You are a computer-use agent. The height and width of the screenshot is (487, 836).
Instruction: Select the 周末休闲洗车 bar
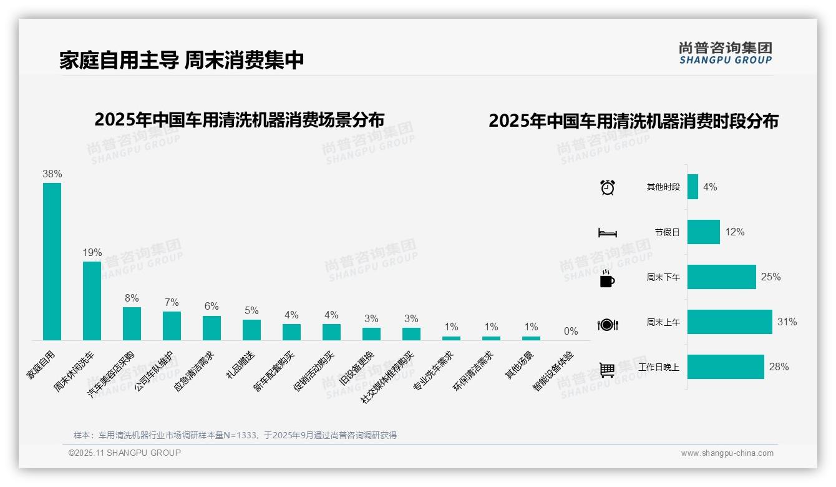point(92,300)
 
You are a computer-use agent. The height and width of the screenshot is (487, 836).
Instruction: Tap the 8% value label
point(132,298)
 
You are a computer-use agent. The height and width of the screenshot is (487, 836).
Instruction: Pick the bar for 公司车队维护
point(172,325)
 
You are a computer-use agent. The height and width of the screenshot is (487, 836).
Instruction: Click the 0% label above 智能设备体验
point(571,332)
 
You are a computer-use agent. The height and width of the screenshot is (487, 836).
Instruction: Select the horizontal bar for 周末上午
point(729,322)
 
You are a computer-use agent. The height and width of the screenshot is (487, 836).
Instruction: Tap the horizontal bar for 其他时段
point(693,187)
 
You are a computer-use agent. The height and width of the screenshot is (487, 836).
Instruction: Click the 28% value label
point(779,367)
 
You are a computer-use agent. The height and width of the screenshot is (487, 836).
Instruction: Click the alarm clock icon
point(607,187)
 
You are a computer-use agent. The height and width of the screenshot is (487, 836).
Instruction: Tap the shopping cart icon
point(607,370)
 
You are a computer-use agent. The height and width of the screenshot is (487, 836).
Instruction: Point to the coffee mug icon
point(607,279)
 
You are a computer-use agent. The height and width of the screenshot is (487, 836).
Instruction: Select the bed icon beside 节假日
point(607,233)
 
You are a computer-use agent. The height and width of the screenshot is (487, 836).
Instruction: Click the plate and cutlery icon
point(607,325)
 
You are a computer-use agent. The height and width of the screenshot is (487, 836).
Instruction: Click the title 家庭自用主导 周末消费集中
point(182,60)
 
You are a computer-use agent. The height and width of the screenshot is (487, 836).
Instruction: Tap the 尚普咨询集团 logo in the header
point(725,52)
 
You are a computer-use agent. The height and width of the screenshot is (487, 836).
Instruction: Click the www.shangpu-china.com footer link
point(727,453)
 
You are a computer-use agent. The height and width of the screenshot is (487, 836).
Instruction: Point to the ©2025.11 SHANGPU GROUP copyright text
point(125,453)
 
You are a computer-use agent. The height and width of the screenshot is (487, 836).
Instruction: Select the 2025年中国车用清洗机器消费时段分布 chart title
point(633,121)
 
